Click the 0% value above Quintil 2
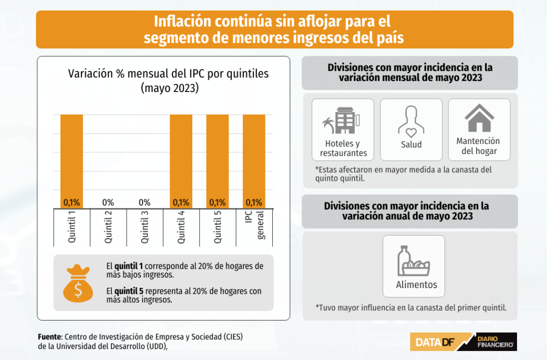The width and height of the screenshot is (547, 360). click(x=108, y=202)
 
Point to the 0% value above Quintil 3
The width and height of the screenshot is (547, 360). click(x=145, y=202)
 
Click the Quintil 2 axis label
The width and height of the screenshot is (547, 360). click(x=108, y=227)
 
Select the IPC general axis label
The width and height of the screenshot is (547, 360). click(x=254, y=226)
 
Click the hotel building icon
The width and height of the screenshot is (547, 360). click(x=342, y=120)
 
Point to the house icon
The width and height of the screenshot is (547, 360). click(x=479, y=118)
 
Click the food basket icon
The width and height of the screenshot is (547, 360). click(x=413, y=261)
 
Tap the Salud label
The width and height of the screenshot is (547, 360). click(x=411, y=145)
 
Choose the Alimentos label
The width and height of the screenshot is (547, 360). click(x=416, y=285)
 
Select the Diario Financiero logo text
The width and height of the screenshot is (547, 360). click(x=496, y=342)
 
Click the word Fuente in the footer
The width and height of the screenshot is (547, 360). click(x=50, y=336)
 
